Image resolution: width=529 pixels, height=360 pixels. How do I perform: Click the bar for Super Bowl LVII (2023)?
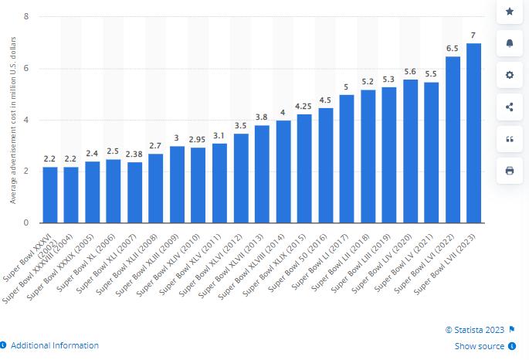pyautogui.click(x=474, y=133)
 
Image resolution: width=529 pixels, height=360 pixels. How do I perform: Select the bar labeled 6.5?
pyautogui.click(x=453, y=139)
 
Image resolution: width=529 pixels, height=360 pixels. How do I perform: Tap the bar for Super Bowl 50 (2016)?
pyautogui.click(x=326, y=165)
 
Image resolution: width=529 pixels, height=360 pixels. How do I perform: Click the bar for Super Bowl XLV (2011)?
pyautogui.click(x=219, y=183)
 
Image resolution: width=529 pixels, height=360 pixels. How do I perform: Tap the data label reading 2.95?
pyautogui.click(x=198, y=139)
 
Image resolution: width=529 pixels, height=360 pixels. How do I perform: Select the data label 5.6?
pyautogui.click(x=410, y=71)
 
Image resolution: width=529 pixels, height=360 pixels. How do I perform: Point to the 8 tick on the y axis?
pyautogui.click(x=27, y=16)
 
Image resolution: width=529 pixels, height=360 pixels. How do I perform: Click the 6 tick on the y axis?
pyautogui.click(x=27, y=68)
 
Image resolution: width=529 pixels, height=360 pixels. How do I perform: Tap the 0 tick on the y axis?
pyautogui.click(x=27, y=222)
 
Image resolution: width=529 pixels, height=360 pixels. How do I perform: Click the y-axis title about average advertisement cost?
pyautogui.click(x=13, y=119)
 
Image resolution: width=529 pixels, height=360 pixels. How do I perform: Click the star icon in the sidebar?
pyautogui.click(x=510, y=12)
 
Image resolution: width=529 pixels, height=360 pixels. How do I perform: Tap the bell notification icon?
pyautogui.click(x=510, y=43)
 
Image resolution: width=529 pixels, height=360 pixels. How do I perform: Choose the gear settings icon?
pyautogui.click(x=510, y=75)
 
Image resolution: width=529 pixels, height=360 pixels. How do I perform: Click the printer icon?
pyautogui.click(x=510, y=171)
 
